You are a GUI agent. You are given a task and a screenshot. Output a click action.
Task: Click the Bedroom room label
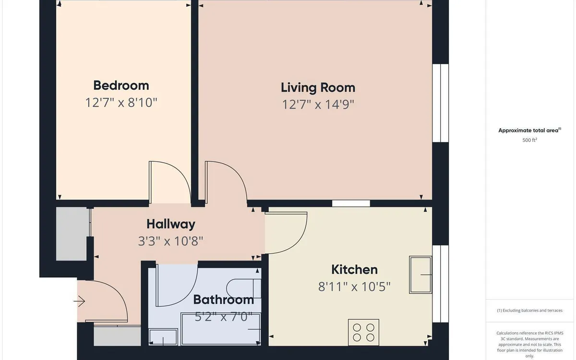point(121,85)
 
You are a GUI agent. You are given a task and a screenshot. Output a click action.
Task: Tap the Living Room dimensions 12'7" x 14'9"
point(318,104)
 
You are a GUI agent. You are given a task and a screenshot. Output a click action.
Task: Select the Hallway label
point(170,224)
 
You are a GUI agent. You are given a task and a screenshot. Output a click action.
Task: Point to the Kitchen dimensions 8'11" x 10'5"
point(354,287)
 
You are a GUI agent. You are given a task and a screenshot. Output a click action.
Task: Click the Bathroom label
point(223,300)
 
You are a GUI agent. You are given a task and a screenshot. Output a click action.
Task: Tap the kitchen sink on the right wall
point(420,275)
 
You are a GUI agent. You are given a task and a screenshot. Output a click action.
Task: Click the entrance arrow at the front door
point(79,301)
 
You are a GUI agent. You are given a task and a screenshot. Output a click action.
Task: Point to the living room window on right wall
point(440,103)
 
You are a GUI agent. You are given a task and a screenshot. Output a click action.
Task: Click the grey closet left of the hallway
point(72,234)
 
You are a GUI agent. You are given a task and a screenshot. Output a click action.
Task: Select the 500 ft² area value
point(529,140)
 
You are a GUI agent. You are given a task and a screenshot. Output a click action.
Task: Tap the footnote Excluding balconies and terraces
point(529,311)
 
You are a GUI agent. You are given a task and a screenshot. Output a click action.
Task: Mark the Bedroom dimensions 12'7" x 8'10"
point(121,102)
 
